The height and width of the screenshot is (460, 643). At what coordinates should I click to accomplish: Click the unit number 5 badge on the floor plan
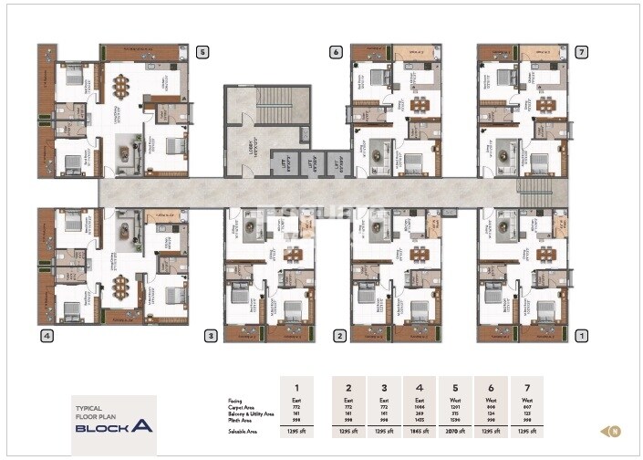click(202, 52)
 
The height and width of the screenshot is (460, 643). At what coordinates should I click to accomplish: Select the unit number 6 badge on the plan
click(336, 52)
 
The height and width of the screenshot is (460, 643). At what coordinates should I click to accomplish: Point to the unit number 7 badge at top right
click(581, 52)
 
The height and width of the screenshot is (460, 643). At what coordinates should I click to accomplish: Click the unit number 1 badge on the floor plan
click(581, 336)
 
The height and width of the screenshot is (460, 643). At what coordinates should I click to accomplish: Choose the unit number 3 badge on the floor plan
click(211, 336)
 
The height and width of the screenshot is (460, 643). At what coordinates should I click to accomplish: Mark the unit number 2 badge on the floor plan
click(339, 336)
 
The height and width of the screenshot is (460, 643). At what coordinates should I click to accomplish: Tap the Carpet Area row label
click(244, 406)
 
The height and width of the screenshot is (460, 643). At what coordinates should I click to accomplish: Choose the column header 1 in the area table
click(296, 385)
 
